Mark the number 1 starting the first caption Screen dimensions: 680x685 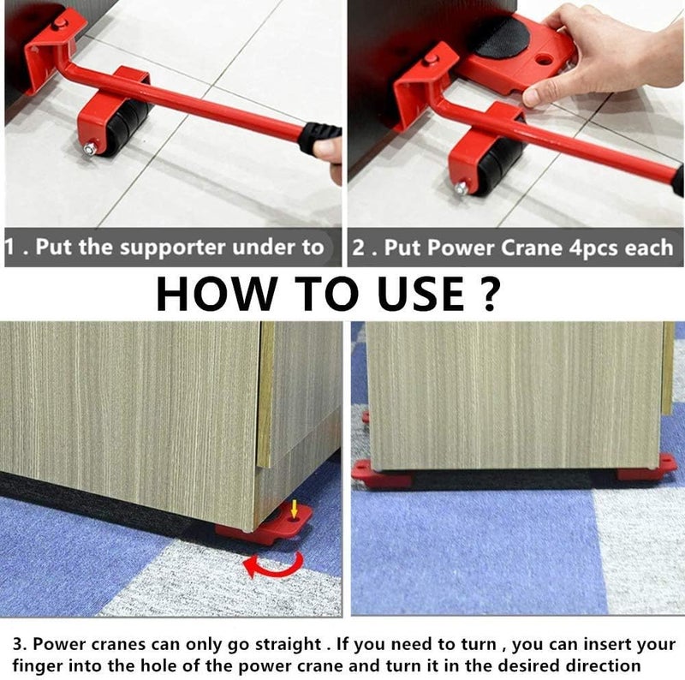tap(10, 248)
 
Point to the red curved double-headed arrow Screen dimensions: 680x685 tap(272, 563)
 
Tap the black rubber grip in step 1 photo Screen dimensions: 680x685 tap(319, 137)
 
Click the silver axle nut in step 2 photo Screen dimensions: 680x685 tap(461, 187)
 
